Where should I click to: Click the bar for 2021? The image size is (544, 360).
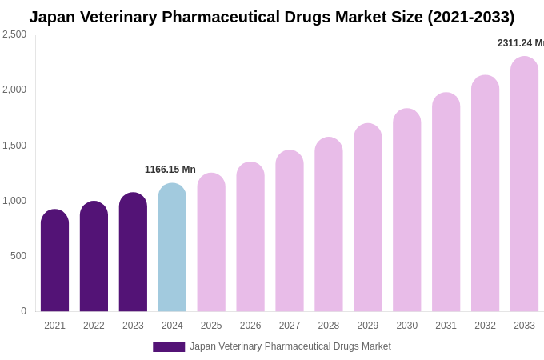pos(54,261)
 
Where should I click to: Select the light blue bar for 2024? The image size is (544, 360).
pos(172,248)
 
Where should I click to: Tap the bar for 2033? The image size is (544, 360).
pos(524,184)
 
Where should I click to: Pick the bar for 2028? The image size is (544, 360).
pos(329,225)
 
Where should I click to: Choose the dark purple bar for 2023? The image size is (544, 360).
pos(133,252)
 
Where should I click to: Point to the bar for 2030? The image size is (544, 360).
pos(406,210)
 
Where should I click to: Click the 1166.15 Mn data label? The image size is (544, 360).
pos(170,170)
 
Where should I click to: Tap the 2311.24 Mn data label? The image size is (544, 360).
pos(520,43)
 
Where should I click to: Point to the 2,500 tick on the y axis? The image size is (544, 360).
pos(14,34)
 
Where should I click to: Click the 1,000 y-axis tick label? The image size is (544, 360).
pos(14,201)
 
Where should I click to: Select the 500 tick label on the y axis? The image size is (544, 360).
pos(18,256)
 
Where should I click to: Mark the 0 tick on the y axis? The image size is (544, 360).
pos(23,311)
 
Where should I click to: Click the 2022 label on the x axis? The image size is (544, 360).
pos(94,326)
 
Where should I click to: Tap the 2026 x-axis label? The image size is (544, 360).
pos(250,326)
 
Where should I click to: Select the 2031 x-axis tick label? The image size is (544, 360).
pos(446,326)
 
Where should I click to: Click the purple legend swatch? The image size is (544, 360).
pos(169,347)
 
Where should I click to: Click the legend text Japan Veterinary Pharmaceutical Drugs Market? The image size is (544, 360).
pos(290,346)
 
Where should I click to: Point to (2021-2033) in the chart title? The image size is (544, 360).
pos(470,17)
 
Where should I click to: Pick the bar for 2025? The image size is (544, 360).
pos(211,242)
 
